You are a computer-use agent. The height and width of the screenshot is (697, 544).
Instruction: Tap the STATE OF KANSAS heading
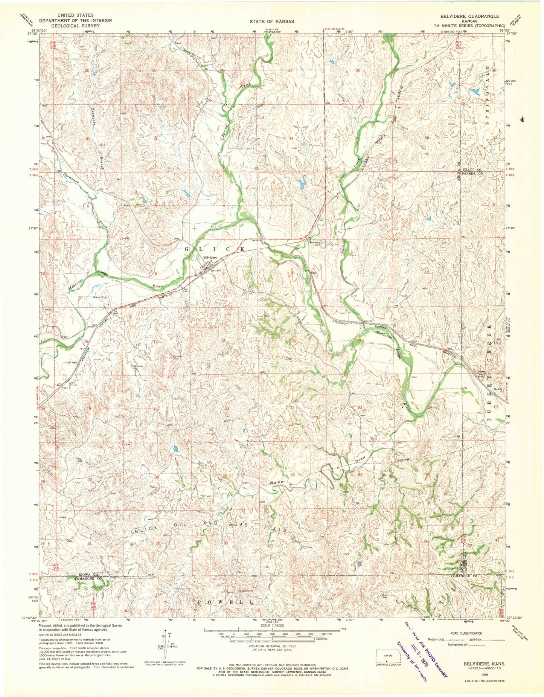[x=271, y=21]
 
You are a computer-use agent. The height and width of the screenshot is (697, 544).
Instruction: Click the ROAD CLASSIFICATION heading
[x=465, y=633]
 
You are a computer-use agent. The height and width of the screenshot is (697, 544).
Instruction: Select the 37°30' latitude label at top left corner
[x=33, y=33]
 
